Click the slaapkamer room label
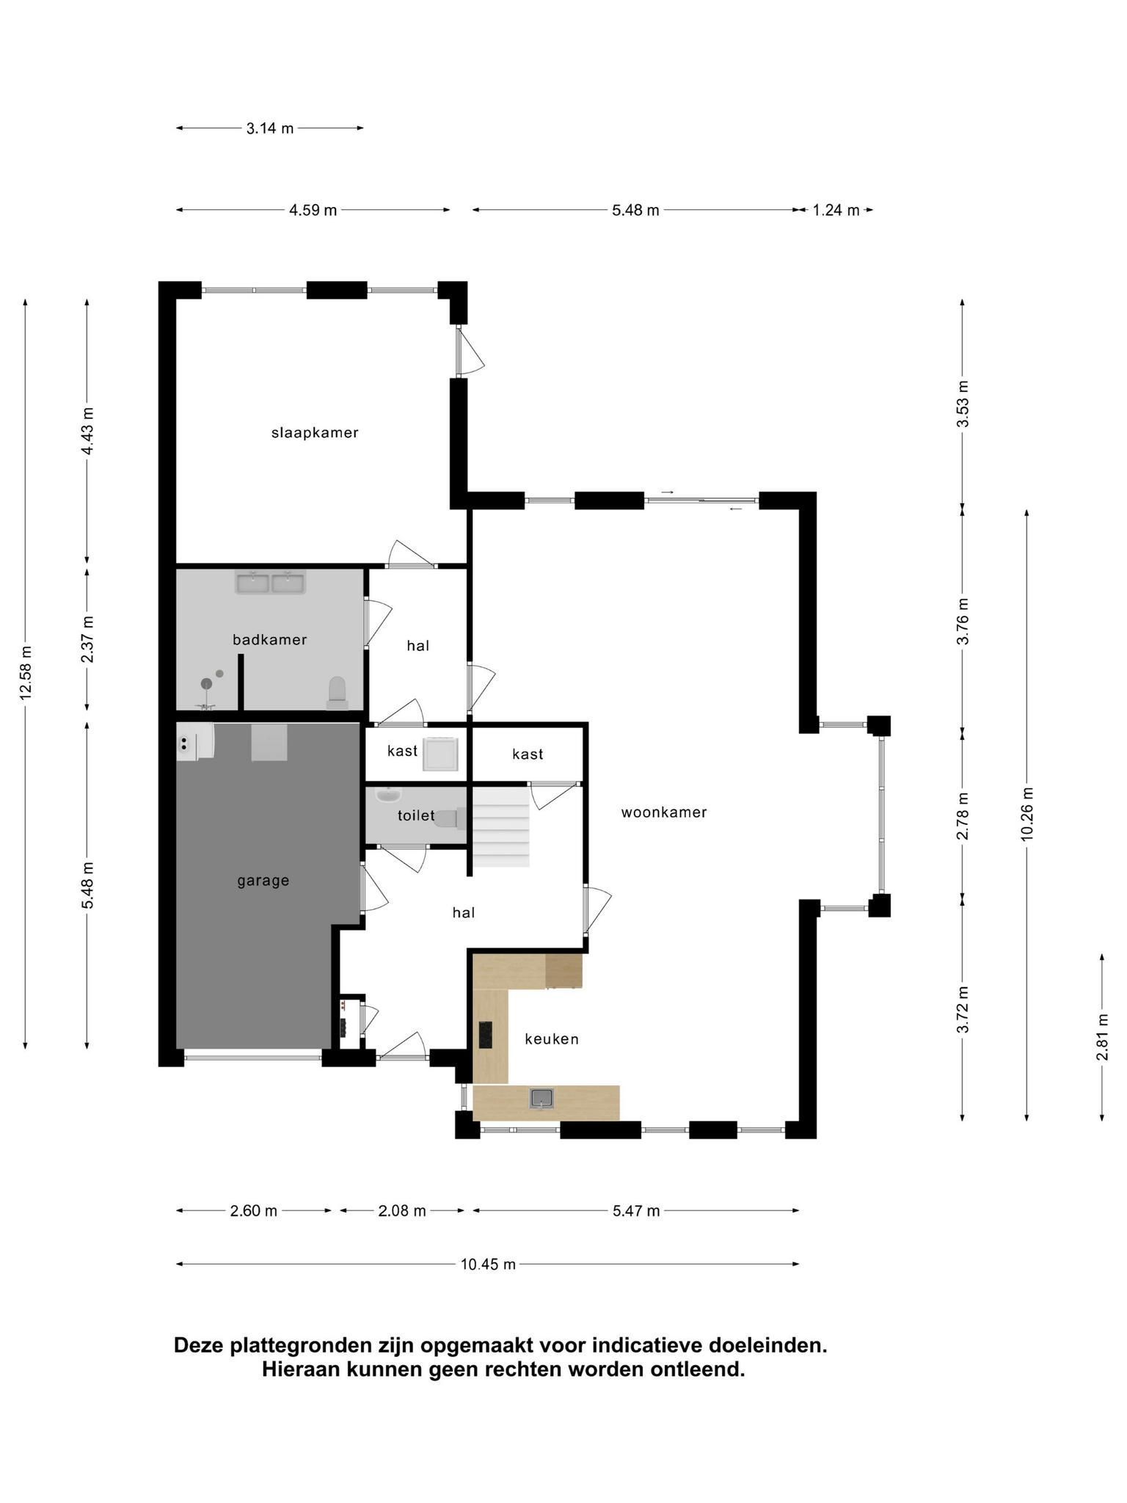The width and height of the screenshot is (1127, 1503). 315,432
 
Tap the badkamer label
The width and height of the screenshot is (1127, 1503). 269,639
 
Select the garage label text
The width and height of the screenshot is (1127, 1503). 263,881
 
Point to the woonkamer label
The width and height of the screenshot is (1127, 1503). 663,812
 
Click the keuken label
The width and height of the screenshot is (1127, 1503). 552,1038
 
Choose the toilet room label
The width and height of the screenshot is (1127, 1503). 416,815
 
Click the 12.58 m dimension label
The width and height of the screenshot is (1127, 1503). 26,673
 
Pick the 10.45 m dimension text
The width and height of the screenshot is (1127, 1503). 488,1264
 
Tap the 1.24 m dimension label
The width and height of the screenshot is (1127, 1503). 836,211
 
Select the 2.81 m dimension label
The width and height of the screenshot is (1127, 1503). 1102,1036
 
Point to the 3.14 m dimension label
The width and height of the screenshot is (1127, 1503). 270,128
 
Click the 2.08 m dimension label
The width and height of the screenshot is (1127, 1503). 402,1210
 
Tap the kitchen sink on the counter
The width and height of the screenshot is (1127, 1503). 541,1099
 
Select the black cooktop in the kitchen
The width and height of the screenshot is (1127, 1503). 486,1035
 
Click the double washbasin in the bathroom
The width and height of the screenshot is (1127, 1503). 270,583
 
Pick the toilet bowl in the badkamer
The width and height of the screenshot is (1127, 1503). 337,693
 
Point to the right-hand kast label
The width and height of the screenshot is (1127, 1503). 528,754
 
